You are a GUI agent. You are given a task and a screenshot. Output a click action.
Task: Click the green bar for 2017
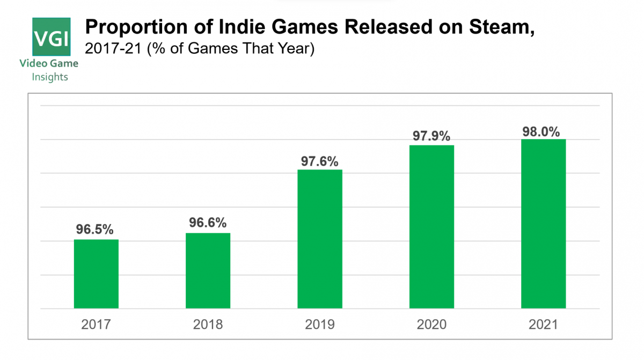click(96, 274)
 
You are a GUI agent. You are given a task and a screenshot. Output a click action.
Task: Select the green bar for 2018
click(208, 271)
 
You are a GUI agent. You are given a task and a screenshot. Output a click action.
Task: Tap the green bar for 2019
click(320, 239)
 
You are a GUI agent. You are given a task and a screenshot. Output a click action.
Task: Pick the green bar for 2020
click(431, 227)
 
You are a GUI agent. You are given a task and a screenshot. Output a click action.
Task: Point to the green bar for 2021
click(543, 224)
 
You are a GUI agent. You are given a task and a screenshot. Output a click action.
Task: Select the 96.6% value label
click(208, 223)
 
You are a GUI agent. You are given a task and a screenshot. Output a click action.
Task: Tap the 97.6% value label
click(320, 160)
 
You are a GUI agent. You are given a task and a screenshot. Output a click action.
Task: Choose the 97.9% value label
click(431, 136)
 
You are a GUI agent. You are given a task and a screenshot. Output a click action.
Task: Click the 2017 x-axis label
click(96, 325)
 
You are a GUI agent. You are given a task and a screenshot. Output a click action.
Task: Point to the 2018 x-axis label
click(208, 325)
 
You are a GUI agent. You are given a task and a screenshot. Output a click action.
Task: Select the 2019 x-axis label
click(320, 325)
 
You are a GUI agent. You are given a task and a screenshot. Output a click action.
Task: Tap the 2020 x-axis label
click(431, 325)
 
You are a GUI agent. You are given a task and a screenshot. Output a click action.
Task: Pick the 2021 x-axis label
click(543, 325)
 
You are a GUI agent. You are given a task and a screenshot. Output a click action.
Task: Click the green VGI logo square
click(52, 37)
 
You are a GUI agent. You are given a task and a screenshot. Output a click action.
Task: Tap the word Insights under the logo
click(50, 77)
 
